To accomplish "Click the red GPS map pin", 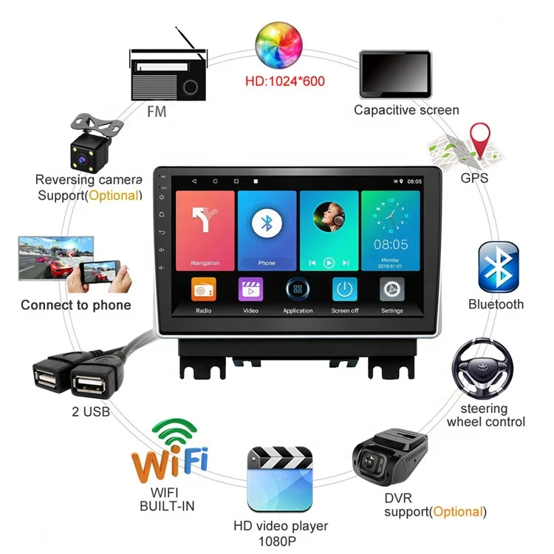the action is (x=482, y=140).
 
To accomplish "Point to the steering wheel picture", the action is (x=483, y=369).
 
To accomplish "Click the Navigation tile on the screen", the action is (x=205, y=230).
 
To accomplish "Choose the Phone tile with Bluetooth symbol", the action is (x=267, y=230).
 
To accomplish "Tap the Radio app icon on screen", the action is (x=204, y=290).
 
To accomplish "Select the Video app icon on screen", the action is (x=250, y=290).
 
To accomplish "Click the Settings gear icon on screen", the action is (x=391, y=290).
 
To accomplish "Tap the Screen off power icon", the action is (x=344, y=290).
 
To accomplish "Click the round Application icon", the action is (x=298, y=290).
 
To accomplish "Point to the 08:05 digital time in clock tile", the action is (x=390, y=244).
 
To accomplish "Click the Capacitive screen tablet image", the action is (x=394, y=74).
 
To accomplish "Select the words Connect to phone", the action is (x=75, y=305).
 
